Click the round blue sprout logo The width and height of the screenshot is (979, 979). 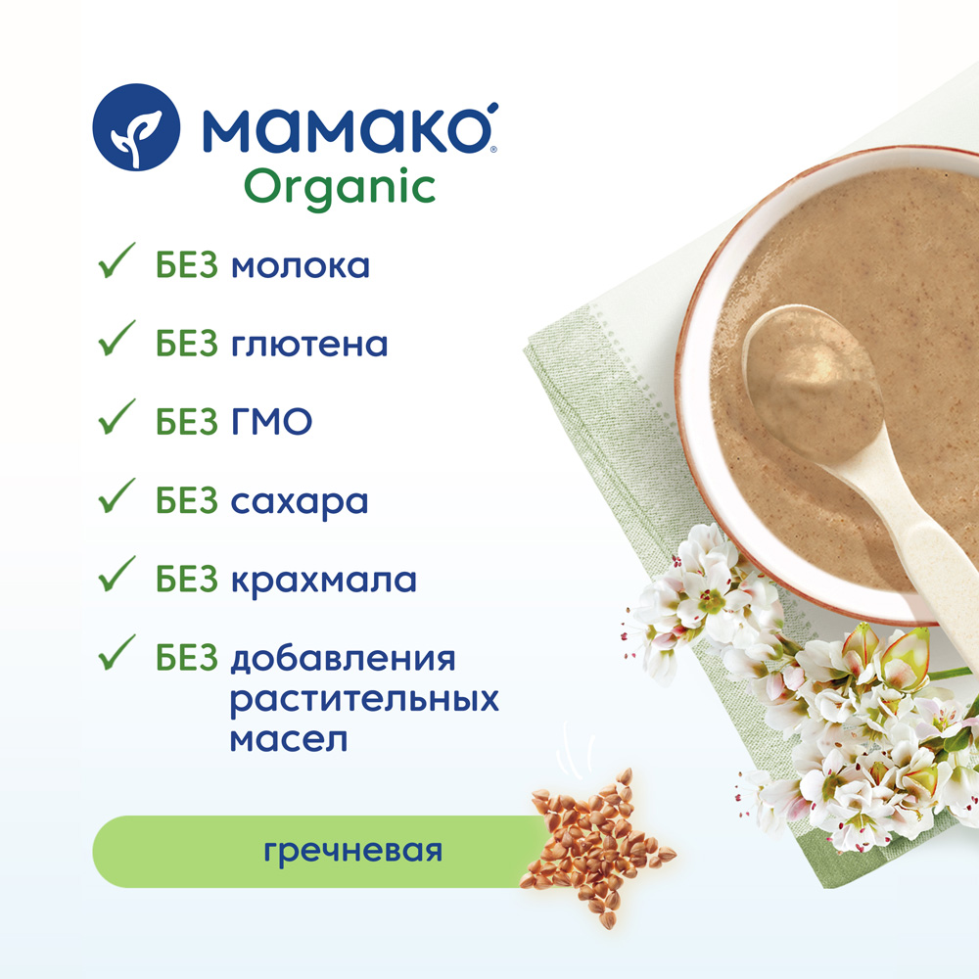pos(136,127)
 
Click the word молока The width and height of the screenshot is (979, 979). pos(301,266)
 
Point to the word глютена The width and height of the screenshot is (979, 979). pos(309,345)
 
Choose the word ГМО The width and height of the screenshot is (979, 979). pos(271,421)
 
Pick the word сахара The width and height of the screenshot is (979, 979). pos(300,502)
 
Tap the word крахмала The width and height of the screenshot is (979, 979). pos(323,580)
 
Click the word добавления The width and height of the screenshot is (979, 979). pos(344,660)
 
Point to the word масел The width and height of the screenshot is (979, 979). pos(289,740)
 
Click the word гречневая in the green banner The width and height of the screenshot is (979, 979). pos(352,851)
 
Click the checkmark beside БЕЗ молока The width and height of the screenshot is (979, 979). pos(117,260)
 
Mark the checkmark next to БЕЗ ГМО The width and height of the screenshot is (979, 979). pos(117,416)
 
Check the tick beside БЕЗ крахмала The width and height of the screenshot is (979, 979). pos(117,574)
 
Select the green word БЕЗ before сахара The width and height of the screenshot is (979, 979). pos(187,500)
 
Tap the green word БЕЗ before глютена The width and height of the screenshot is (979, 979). pos(187,344)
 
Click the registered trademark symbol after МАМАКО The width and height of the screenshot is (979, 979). pos(493,149)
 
